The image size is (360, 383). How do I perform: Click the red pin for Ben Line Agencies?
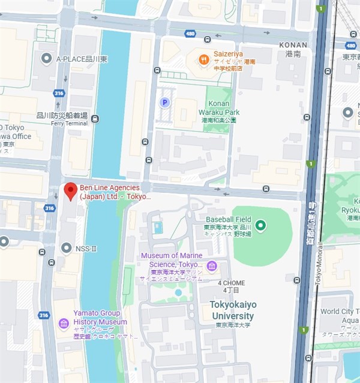click(x=70, y=191)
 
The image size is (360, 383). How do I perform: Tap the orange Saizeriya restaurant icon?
click(x=205, y=59)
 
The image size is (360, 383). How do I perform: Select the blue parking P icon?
click(x=164, y=102)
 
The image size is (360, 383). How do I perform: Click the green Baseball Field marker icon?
click(x=260, y=225)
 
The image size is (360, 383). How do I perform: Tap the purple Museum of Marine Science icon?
click(x=211, y=266)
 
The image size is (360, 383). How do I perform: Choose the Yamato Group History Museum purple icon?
click(x=64, y=324)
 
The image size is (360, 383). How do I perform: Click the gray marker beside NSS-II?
click(x=66, y=248)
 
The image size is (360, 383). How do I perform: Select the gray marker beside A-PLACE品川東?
click(x=47, y=59)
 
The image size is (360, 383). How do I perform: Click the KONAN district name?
click(x=293, y=45)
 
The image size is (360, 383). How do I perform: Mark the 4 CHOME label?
click(x=231, y=282)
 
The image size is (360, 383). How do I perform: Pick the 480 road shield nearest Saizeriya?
click(x=190, y=34)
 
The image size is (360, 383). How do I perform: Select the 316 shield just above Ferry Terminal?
click(x=59, y=93)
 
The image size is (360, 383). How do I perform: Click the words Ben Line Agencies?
click(x=109, y=188)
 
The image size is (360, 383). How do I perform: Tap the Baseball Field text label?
click(x=228, y=219)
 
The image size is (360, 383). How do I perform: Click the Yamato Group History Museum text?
click(x=100, y=317)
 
